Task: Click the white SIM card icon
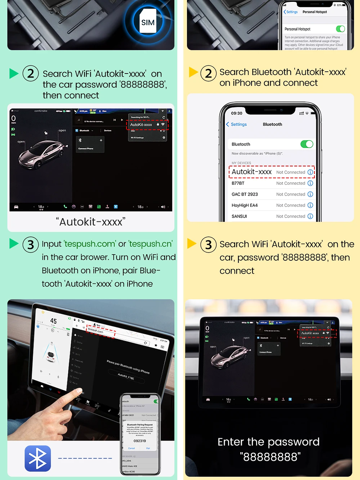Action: [x=148, y=21]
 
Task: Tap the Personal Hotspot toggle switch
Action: [x=340, y=29]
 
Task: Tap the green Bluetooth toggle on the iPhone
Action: [x=307, y=144]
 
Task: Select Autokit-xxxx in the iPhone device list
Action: [x=252, y=172]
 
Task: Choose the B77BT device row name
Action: [x=238, y=183]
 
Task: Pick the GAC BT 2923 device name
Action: [x=245, y=194]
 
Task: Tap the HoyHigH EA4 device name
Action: [x=245, y=205]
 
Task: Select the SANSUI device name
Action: [x=239, y=216]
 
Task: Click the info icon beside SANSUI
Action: [x=310, y=216]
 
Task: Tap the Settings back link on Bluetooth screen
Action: [x=237, y=124]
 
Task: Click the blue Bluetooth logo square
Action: [x=38, y=458]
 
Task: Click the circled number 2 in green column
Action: [x=31, y=74]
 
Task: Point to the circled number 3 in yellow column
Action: [x=208, y=244]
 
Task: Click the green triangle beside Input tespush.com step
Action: [x=14, y=243]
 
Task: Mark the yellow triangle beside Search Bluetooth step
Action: [x=193, y=72]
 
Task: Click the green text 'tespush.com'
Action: [x=90, y=244]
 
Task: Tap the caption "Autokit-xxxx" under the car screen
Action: [x=91, y=222]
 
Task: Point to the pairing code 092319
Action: [x=140, y=441]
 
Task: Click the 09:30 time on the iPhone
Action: [x=237, y=113]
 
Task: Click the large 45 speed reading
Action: [x=53, y=321]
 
